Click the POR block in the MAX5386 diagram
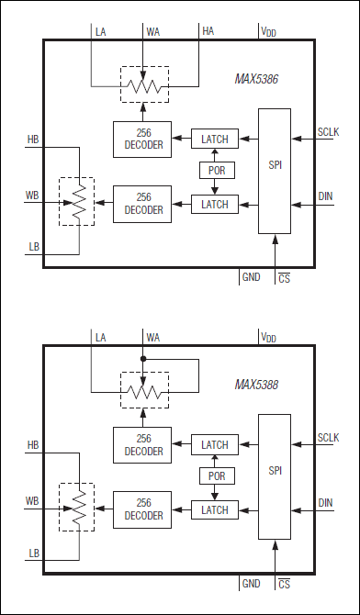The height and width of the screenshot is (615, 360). [215, 171]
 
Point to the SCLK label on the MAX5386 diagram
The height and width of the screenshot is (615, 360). [328, 132]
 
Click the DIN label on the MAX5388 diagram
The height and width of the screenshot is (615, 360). [326, 502]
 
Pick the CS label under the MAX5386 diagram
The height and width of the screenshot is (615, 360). [285, 278]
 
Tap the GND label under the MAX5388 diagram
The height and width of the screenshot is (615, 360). [251, 583]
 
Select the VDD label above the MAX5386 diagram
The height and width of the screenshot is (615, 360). [269, 31]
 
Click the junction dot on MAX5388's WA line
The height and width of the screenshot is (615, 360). [144, 359]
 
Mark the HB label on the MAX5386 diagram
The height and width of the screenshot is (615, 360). [33, 140]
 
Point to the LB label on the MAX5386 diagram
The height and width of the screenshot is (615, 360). [33, 245]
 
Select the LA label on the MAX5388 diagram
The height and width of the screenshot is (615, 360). [101, 337]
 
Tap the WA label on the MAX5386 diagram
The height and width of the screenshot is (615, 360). [152, 31]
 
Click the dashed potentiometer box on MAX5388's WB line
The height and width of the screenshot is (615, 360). [78, 505]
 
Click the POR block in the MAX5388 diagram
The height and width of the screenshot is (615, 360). [215, 476]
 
